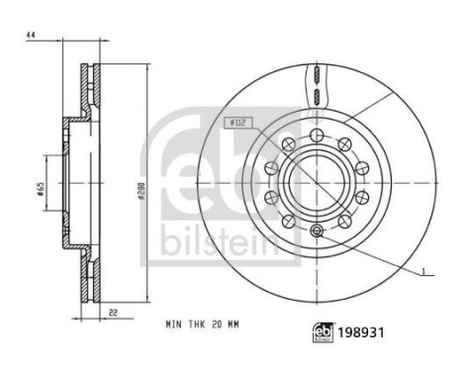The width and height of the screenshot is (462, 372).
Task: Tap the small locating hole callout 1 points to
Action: (317, 232)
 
